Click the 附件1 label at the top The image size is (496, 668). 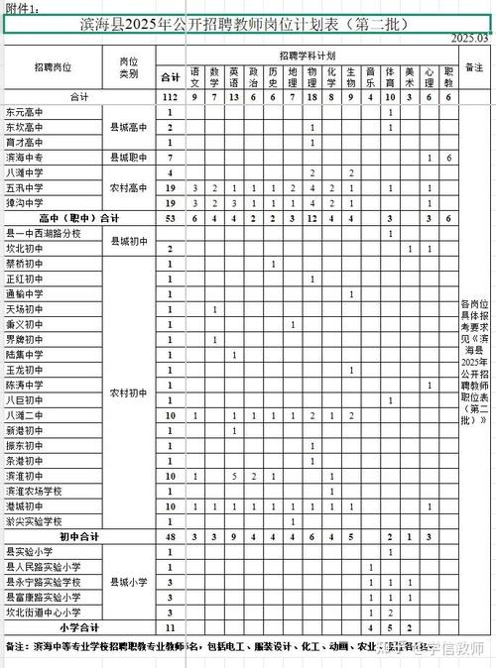(24, 8)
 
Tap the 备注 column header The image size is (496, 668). (473, 67)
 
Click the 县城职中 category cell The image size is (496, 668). (128, 158)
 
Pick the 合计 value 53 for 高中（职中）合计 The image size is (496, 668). (171, 217)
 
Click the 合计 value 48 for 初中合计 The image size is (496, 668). (171, 536)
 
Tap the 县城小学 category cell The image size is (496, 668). (128, 582)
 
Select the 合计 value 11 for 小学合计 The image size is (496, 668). (171, 627)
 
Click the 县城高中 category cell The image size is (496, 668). (128, 128)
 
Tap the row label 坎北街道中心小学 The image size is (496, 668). (44, 612)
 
